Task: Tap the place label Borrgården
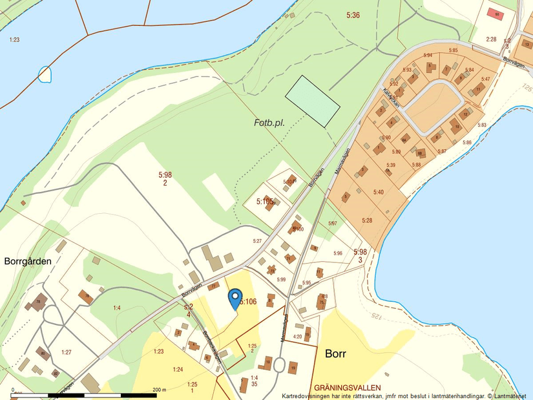coord(28,262)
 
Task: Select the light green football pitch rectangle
coord(313,101)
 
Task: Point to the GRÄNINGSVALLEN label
coord(347,388)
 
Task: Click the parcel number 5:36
coord(353,15)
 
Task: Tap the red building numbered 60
coord(495,13)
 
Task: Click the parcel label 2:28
coord(491,39)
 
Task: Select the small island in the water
coord(45,74)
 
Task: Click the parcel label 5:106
coord(249,302)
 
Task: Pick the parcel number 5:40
coord(378,192)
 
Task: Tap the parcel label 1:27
coord(67,352)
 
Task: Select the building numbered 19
coord(293,367)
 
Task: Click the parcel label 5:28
coord(367,220)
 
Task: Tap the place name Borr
coord(337,355)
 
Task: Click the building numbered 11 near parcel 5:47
coord(478,89)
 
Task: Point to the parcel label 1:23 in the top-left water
coord(14,40)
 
